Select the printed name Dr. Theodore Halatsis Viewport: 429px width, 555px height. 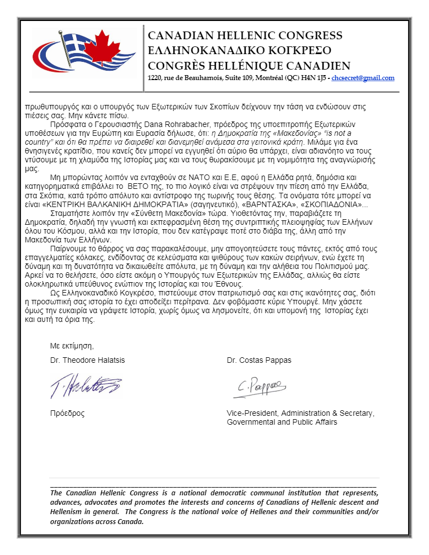pos(88,360)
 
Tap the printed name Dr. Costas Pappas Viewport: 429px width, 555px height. pos(259,360)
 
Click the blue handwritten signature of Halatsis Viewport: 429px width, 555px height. pos(86,386)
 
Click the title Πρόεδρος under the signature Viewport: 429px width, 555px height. pos(67,413)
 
